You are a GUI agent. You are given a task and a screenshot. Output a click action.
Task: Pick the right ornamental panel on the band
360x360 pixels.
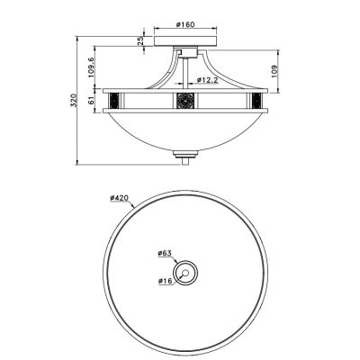pyautogui.click(x=255, y=97)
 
